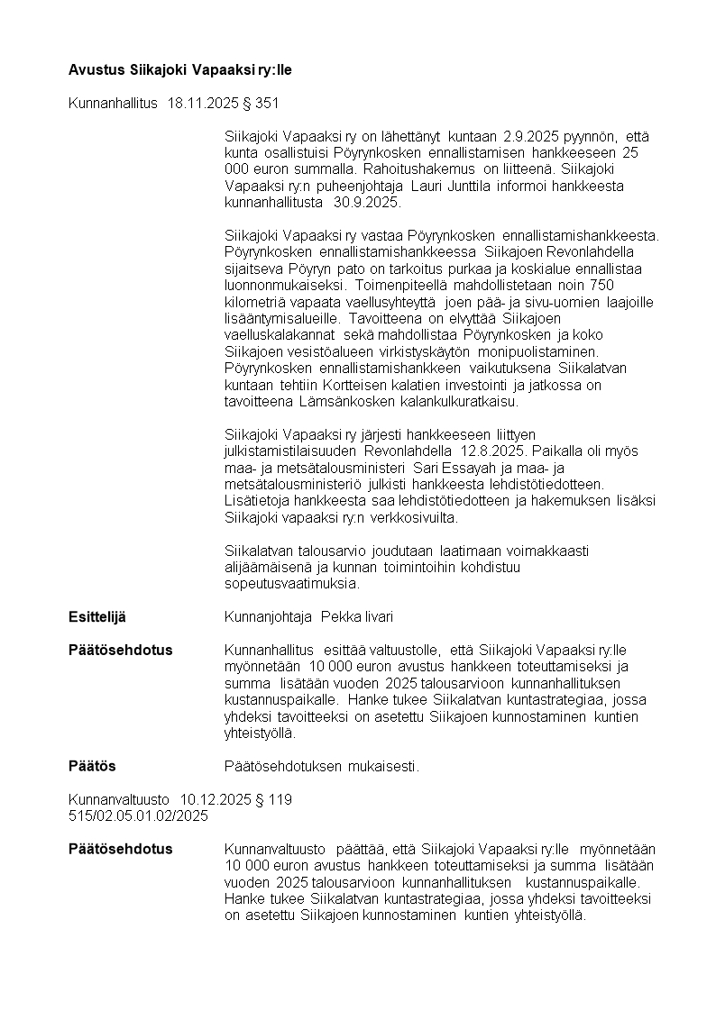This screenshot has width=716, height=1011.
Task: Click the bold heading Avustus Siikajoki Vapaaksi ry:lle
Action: point(180,69)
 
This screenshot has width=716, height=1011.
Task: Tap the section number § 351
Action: point(262,104)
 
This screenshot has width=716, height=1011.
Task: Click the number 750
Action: point(641,285)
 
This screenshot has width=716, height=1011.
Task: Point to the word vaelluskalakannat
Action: point(278,334)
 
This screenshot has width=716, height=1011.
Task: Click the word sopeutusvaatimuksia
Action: point(290,583)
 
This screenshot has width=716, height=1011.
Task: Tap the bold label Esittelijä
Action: point(97,616)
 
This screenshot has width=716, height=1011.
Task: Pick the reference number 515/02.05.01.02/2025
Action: point(138,815)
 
